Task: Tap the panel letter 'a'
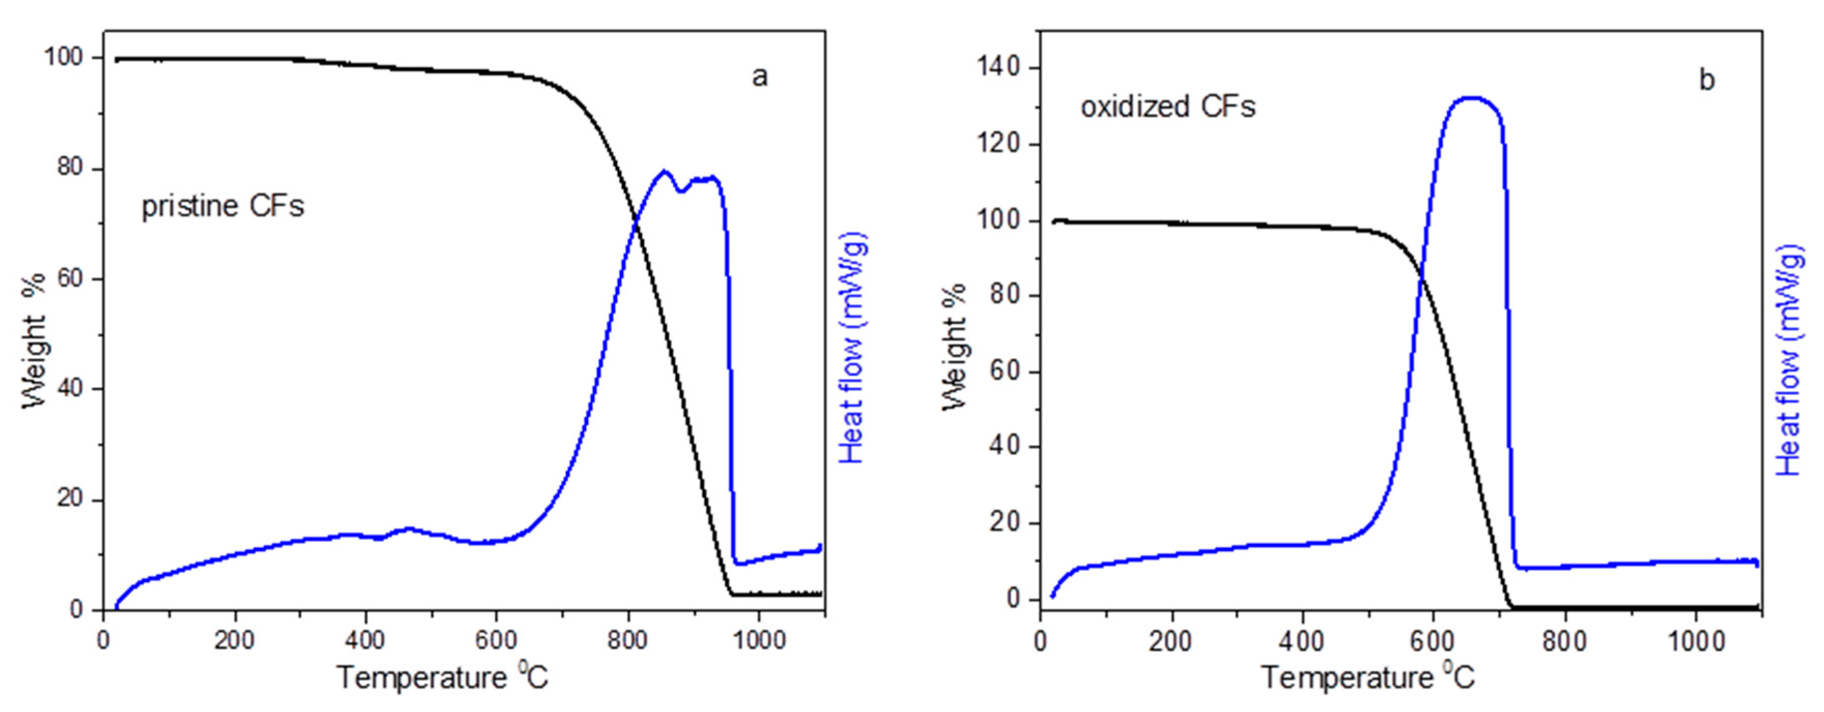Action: [x=759, y=76]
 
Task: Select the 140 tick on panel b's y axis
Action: [x=998, y=68]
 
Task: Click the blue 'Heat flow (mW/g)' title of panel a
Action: [x=853, y=347]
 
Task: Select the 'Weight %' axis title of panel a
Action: [x=33, y=340]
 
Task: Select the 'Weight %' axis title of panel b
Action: [x=954, y=347]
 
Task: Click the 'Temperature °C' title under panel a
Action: [x=443, y=677]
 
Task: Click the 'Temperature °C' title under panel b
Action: [x=1368, y=677]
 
